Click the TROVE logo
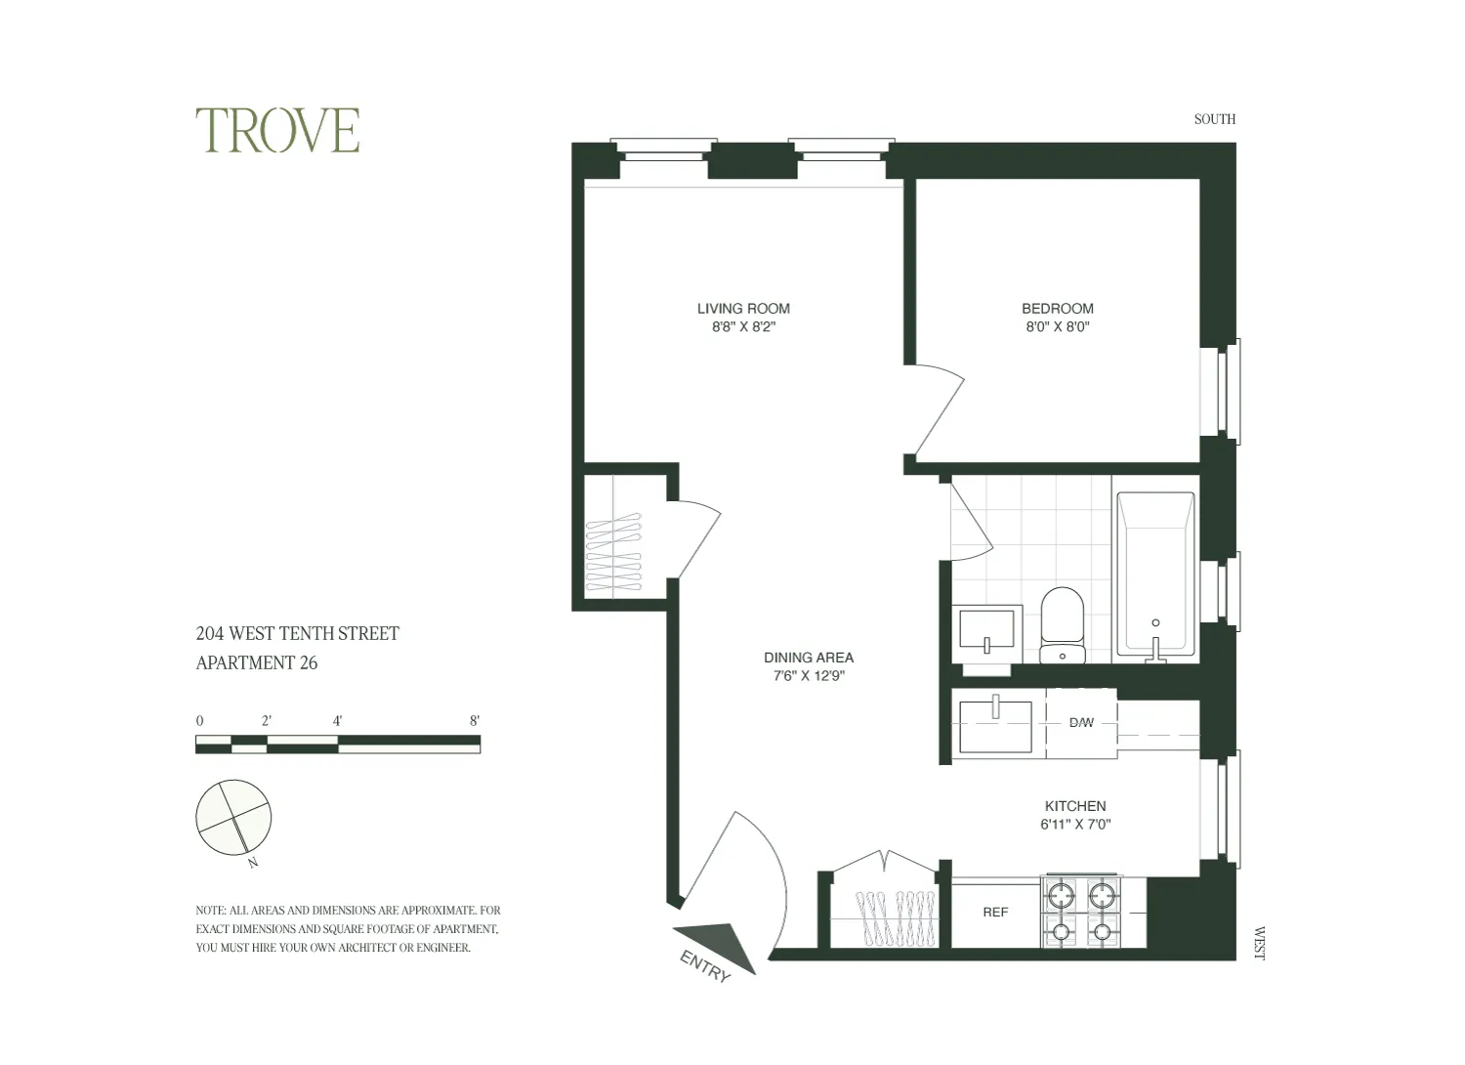pyautogui.click(x=277, y=131)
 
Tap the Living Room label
pyautogui.click(x=742, y=309)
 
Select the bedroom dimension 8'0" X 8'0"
pyautogui.click(x=1057, y=327)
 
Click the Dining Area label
pyautogui.click(x=808, y=658)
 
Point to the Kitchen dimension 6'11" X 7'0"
pyautogui.click(x=1075, y=825)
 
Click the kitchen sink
pyautogui.click(x=995, y=725)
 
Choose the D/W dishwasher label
pyautogui.click(x=1081, y=723)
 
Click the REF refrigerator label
pyautogui.click(x=995, y=913)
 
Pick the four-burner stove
pyautogui.click(x=1082, y=912)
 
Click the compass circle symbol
pyautogui.click(x=233, y=817)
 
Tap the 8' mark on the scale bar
pyautogui.click(x=475, y=721)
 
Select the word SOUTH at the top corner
pyautogui.click(x=1214, y=119)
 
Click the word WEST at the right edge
pyautogui.click(x=1258, y=943)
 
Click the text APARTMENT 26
pyautogui.click(x=257, y=663)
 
